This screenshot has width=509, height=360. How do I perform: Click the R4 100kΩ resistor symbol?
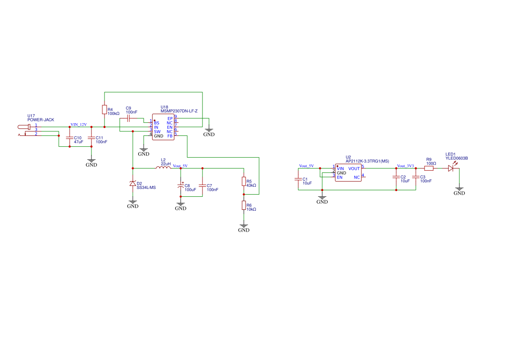(x=104, y=109)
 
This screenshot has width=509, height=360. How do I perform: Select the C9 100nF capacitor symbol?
(x=128, y=118)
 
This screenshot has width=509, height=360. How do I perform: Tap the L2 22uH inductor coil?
(x=163, y=168)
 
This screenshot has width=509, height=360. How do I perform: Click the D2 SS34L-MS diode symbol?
(x=133, y=184)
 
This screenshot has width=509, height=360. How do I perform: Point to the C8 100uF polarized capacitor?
(x=181, y=186)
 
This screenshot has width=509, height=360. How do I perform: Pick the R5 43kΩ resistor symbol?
(x=244, y=182)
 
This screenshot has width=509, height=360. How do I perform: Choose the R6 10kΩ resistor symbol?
(x=244, y=205)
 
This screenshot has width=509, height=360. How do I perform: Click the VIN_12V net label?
(x=78, y=124)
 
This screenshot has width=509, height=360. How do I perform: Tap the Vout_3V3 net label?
(x=405, y=166)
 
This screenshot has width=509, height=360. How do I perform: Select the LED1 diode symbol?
(x=451, y=168)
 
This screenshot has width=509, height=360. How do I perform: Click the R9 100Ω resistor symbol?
(x=429, y=168)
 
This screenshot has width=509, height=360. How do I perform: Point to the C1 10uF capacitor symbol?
(x=298, y=179)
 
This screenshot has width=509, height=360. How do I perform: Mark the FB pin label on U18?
(x=170, y=136)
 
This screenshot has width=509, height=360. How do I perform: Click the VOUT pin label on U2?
(x=354, y=168)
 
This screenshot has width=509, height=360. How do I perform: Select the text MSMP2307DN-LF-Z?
(x=179, y=111)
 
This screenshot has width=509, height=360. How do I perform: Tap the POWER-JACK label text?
(x=40, y=120)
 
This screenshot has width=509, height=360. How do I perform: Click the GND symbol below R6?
(x=244, y=228)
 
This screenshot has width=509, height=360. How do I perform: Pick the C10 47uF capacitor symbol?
(x=70, y=138)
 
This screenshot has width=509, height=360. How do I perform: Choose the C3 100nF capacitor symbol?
(x=416, y=177)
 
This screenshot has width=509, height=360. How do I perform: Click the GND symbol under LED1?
(x=459, y=191)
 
